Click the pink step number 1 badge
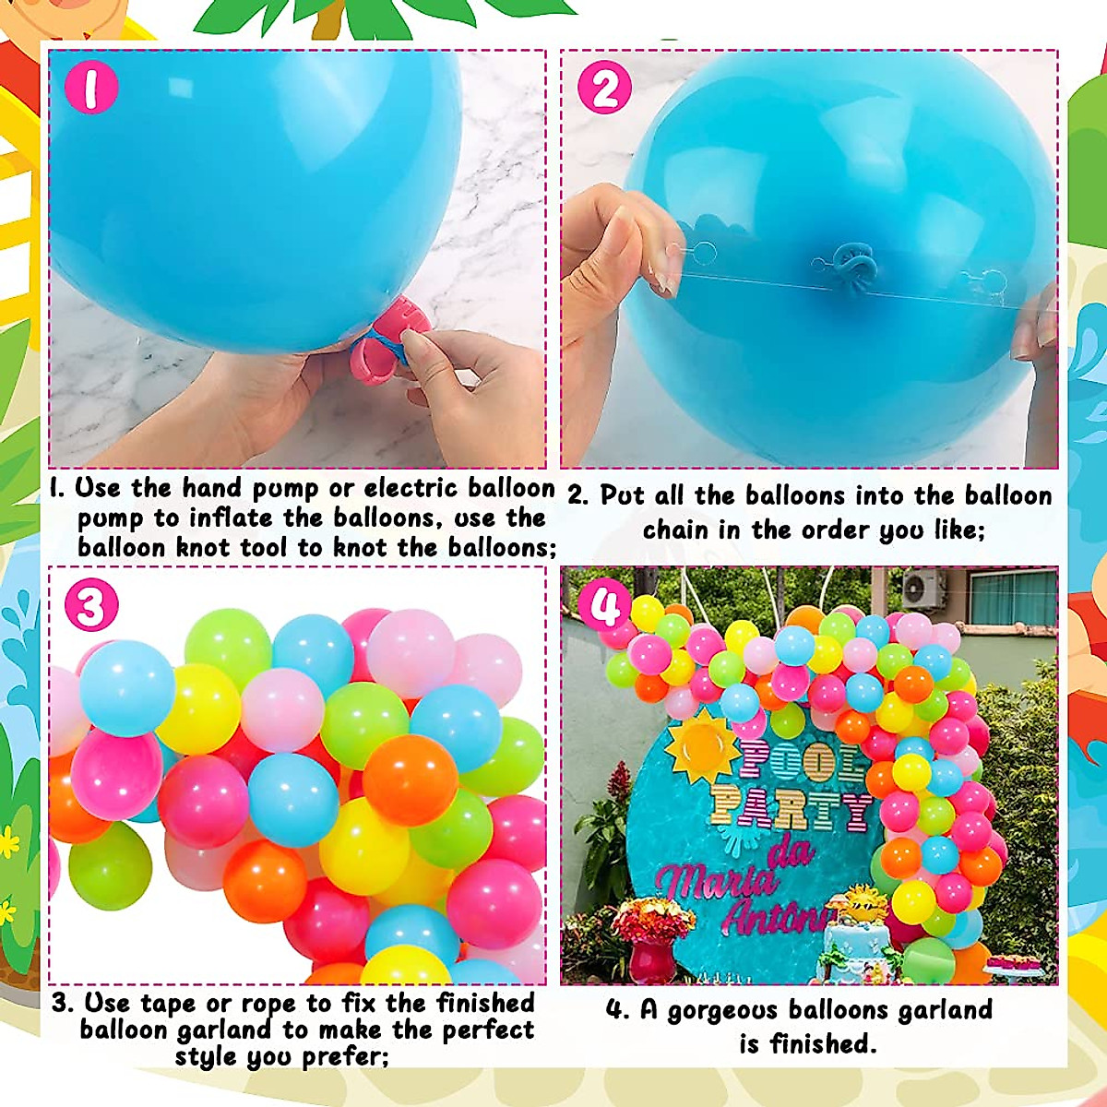[90, 88]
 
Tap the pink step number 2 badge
[604, 89]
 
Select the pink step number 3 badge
[90, 606]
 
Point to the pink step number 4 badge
[604, 606]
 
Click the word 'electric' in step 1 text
[411, 488]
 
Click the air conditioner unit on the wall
[923, 588]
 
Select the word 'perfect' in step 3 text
[489, 1030]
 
